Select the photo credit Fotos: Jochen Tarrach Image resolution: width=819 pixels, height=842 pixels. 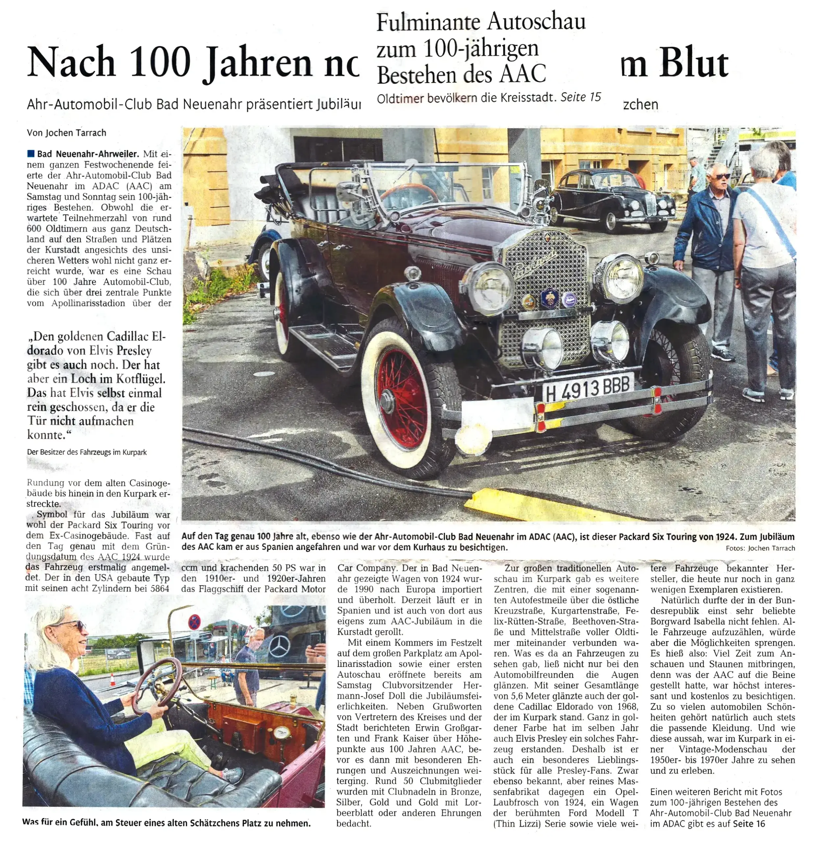click(760, 548)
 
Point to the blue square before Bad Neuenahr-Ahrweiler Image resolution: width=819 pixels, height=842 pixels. click(31, 153)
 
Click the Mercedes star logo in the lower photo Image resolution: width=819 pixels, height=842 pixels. click(279, 646)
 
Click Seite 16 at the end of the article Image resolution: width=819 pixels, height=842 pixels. click(749, 824)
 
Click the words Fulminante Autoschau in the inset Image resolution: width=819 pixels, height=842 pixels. click(481, 21)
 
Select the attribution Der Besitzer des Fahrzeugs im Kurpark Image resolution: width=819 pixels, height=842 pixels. click(87, 452)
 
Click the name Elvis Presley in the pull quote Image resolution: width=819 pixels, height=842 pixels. click(120, 351)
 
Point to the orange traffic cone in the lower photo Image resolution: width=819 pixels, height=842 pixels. click(113, 680)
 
